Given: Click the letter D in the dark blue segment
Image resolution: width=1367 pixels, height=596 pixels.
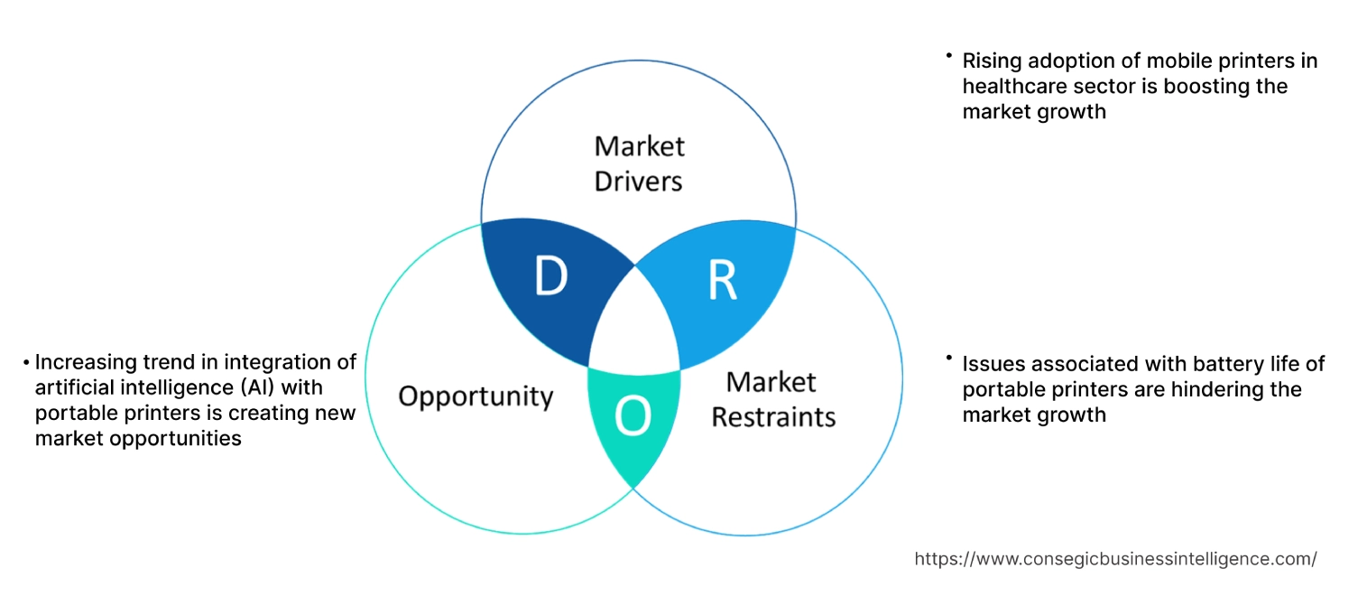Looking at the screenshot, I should point(550,276).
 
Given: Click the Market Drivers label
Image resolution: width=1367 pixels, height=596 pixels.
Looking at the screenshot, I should point(639,163).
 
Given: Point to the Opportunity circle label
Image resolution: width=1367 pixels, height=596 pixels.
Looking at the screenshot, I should point(476,396).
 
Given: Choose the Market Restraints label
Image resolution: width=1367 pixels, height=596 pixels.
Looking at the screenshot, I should point(772,399).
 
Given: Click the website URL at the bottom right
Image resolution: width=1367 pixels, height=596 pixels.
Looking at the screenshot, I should point(1115,559).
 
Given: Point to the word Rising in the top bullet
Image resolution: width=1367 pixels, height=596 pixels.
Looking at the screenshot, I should point(990,61).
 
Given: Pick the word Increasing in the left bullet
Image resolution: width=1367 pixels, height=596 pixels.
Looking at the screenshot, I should point(87,362).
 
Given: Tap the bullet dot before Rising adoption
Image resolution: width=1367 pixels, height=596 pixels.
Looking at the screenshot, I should point(949,56).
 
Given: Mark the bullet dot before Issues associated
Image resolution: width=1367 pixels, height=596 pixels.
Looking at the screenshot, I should point(949,359).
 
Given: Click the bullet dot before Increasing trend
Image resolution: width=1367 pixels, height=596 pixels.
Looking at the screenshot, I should point(27,363).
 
